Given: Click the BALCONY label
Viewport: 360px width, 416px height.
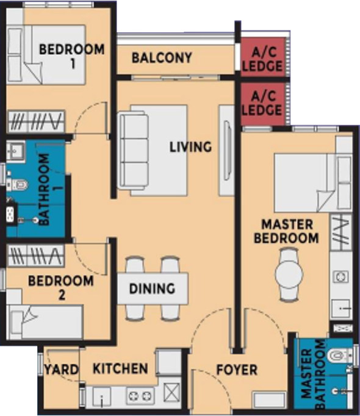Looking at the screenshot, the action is tap(162, 57).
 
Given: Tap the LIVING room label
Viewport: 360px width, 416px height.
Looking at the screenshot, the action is tap(190, 147).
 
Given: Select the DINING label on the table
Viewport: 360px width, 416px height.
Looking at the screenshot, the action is tap(152, 289).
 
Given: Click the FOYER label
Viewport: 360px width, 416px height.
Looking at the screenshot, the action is tap(237, 370).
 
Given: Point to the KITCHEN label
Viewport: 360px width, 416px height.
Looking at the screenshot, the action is tap(120, 368).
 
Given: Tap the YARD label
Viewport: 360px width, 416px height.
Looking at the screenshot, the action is tap(62, 369).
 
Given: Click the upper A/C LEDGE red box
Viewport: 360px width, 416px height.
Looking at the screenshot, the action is tap(263, 57).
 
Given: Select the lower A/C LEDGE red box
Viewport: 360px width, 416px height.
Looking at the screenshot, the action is tap(263, 104).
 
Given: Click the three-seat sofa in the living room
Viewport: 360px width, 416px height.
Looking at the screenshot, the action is tap(133, 151).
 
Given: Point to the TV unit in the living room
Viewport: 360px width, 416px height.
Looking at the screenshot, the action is tap(226, 151).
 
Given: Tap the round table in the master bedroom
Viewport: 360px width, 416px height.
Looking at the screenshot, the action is tap(289, 274).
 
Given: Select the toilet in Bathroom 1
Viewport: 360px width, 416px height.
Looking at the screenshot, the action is tap(18, 184).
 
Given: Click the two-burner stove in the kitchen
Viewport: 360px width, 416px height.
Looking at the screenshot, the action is tap(140, 396).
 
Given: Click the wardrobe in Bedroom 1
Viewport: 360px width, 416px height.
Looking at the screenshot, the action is tap(36, 121).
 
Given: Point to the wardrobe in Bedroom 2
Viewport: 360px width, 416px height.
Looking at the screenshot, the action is tap(36, 256).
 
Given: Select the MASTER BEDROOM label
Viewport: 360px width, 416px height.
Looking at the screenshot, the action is tap(287, 231).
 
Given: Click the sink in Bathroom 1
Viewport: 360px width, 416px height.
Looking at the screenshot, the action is tap(15, 151).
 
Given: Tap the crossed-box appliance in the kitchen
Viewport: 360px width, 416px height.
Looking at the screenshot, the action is tap(171, 392).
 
